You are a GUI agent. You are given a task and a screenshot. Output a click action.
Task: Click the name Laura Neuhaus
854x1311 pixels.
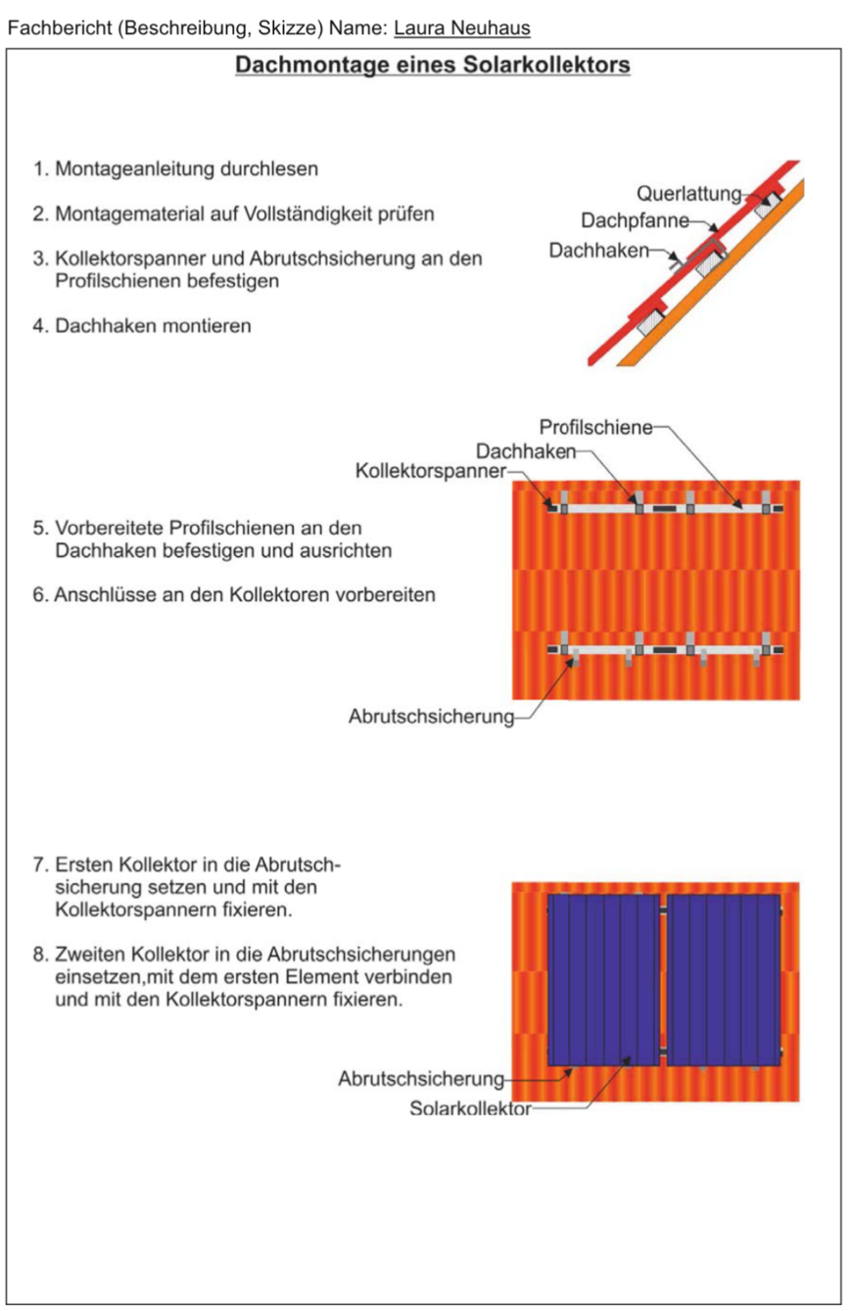462,28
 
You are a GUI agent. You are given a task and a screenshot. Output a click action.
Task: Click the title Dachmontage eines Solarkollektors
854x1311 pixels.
433,65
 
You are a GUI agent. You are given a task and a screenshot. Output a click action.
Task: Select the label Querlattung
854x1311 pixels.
688,194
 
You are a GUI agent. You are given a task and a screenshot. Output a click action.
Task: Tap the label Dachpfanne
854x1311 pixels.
635,220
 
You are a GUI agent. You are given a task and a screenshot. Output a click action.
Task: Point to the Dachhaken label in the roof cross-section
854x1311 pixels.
598,251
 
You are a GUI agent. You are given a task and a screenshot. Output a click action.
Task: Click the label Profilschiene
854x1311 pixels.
595,427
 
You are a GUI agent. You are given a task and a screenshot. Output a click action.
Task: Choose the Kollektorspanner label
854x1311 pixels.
430,471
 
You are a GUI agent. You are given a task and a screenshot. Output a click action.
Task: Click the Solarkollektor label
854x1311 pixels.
470,1108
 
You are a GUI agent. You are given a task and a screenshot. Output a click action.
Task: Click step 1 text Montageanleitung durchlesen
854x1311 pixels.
175,169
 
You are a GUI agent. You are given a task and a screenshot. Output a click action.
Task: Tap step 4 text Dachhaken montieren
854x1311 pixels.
142,326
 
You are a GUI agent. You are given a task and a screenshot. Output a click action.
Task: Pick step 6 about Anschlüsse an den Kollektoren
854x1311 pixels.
234,595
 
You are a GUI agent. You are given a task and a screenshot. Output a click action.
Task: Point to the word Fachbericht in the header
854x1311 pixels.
60,28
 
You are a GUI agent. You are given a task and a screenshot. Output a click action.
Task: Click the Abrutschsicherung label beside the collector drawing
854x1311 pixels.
421,1079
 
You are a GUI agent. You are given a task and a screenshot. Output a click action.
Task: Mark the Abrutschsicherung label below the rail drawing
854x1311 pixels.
431,717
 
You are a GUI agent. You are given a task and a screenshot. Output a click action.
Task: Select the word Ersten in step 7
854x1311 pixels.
83,865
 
